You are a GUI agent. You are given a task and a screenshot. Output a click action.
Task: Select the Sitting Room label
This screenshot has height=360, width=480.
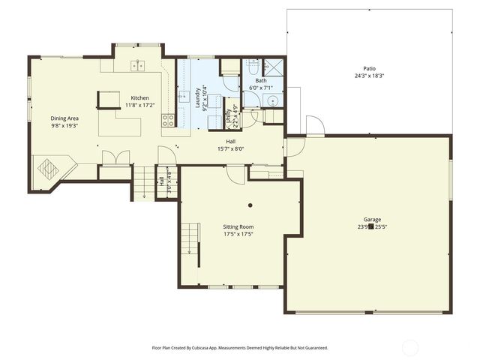tap(238, 226)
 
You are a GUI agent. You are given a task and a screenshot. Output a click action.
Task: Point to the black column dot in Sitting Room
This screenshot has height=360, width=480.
tap(250, 205)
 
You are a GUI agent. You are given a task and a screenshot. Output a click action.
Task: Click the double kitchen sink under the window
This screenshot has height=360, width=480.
tap(137, 66)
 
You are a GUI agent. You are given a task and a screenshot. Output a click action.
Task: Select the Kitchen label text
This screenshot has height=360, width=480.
tap(139, 98)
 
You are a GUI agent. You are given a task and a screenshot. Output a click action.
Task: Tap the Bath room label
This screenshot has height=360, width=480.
tap(260, 80)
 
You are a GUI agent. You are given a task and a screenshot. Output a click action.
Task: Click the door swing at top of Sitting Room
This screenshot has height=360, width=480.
tap(235, 173)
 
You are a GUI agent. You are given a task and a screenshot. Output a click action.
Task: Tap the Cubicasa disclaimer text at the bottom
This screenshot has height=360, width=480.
tap(239, 348)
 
